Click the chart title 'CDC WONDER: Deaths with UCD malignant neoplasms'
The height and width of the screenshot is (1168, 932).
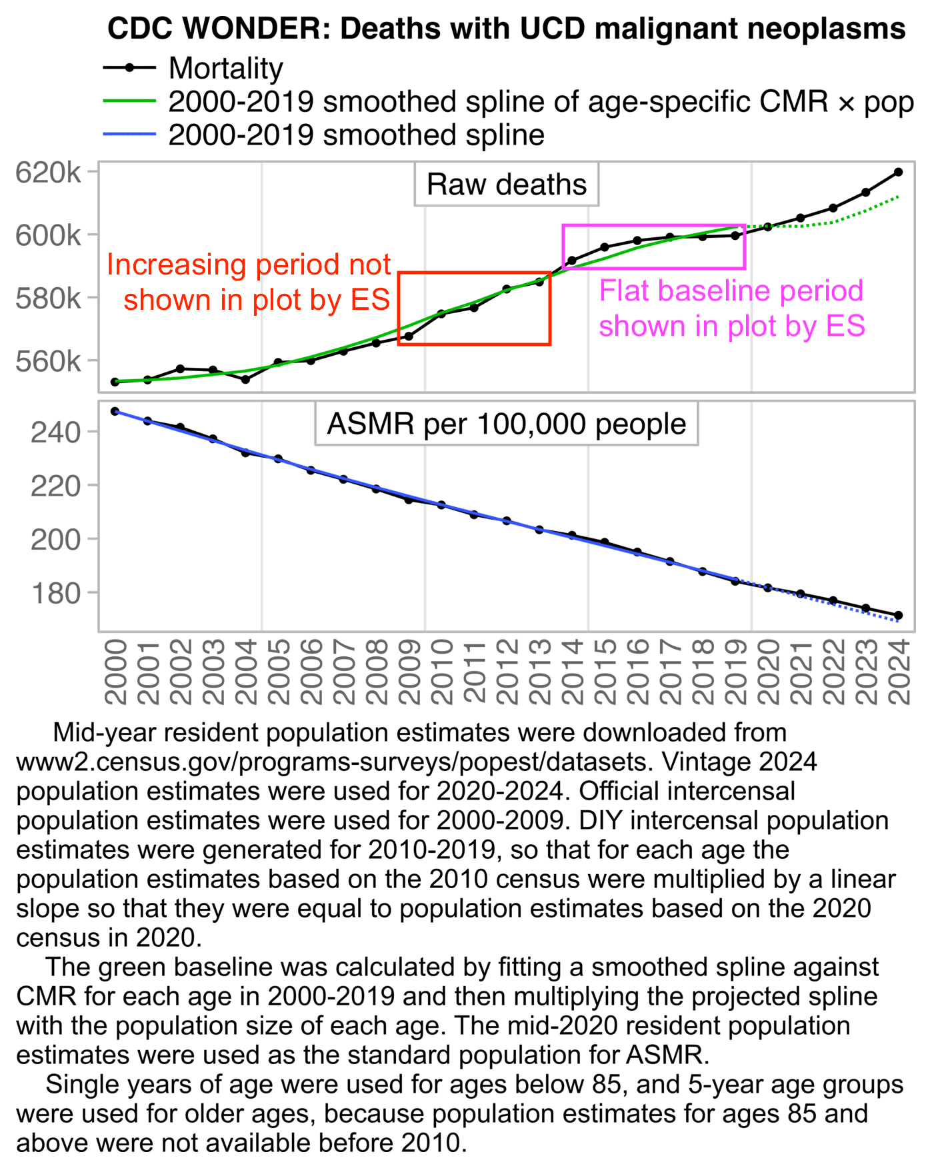coord(506,29)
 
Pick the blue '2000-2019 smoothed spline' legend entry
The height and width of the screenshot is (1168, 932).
coord(356,135)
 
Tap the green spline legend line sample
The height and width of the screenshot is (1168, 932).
coord(129,101)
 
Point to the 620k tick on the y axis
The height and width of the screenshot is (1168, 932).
coord(49,173)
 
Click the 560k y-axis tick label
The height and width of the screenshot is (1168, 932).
coord(49,361)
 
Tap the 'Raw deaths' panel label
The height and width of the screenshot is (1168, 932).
coord(506,185)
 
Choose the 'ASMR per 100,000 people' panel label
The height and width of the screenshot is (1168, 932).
coord(506,424)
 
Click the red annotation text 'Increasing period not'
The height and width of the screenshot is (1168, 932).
coord(248,265)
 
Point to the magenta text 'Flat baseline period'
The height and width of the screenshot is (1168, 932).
coord(731,291)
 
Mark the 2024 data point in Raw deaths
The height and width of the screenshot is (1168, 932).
coord(898,172)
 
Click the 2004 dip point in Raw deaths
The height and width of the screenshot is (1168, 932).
coord(245,379)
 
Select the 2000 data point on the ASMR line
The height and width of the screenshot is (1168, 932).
coord(115,411)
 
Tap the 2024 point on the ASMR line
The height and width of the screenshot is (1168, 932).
coord(898,615)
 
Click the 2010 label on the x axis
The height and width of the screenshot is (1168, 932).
coord(441,671)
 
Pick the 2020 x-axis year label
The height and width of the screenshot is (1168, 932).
coord(768,671)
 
